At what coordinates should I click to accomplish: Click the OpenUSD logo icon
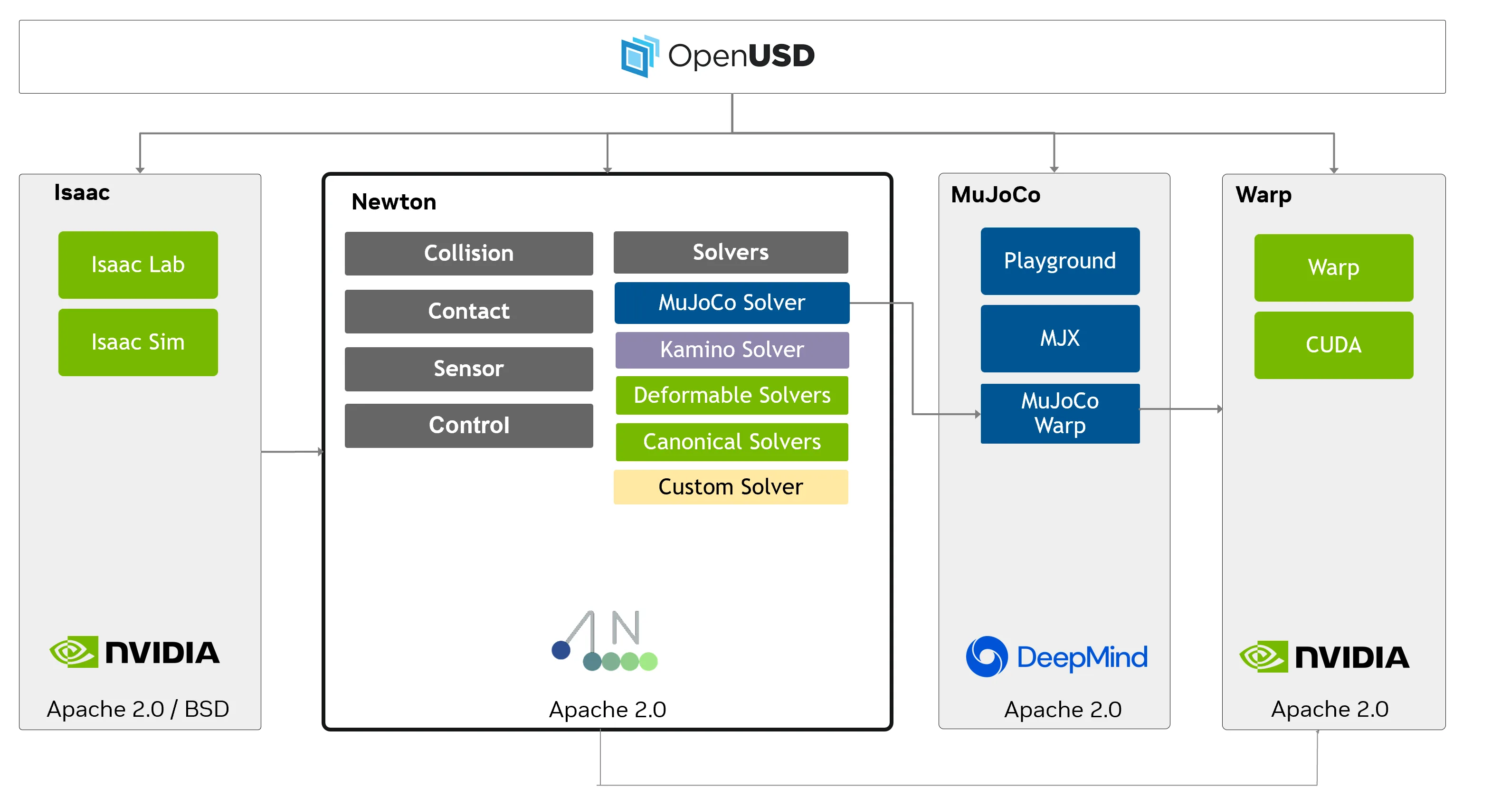[x=639, y=56]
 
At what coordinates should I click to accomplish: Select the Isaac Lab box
[x=138, y=265]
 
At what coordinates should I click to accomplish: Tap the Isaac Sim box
[x=138, y=342]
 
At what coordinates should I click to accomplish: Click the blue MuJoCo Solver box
[x=731, y=303]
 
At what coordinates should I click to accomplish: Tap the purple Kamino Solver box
[x=731, y=350]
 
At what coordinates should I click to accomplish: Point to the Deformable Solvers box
[x=731, y=395]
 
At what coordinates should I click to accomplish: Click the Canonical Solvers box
[x=731, y=442]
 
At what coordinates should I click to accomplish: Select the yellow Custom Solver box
[x=730, y=486]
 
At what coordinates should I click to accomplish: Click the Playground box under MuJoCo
[x=1059, y=261]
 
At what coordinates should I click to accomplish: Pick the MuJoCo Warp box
[x=1059, y=413]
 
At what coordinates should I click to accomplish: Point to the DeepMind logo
[x=1056, y=657]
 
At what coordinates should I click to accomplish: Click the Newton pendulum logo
[x=604, y=641]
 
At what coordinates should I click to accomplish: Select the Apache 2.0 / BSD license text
[x=138, y=709]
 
